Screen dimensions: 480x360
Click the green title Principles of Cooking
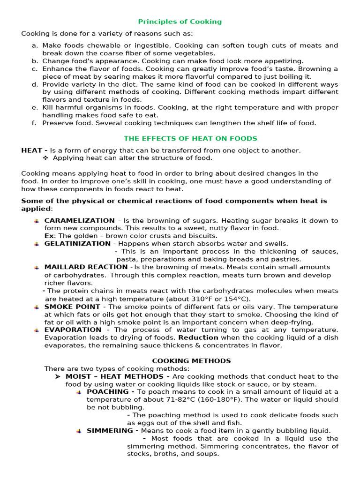pyautogui.click(x=180, y=22)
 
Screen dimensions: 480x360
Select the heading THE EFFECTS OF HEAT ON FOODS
pyautogui.click(x=190, y=138)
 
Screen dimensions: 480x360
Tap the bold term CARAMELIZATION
pyautogui.click(x=79, y=220)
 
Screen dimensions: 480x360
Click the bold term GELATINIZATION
pyautogui.click(x=77, y=244)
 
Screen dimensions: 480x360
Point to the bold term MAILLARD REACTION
pyautogui.click(x=86, y=267)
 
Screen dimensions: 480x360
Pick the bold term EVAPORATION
pyautogui.click(x=73, y=330)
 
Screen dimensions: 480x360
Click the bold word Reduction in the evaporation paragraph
pyautogui.click(x=198, y=337)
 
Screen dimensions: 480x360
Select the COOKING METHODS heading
pyautogui.click(x=185, y=361)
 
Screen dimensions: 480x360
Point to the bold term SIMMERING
pyautogui.click(x=112, y=431)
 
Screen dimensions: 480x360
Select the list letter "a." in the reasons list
pyautogui.click(x=35, y=45)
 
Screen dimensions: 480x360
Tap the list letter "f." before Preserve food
pyautogui.click(x=34, y=123)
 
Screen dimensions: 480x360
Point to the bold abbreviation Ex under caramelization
pyautogui.click(x=49, y=236)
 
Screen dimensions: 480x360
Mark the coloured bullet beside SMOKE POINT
pyautogui.click(x=37, y=307)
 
